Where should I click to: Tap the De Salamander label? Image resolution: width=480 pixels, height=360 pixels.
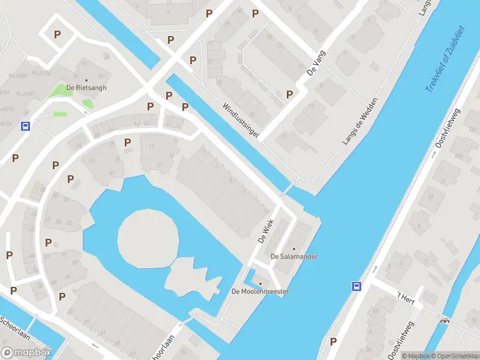(x=294, y=256)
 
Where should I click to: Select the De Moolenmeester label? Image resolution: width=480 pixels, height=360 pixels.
(x=260, y=292)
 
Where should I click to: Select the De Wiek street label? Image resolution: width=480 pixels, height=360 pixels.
(x=266, y=229)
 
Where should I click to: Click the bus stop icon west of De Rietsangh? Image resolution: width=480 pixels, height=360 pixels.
(x=26, y=126)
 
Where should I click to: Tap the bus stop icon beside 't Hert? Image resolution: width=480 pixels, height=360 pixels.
(x=356, y=286)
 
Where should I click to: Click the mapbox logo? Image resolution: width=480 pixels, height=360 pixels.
(x=26, y=352)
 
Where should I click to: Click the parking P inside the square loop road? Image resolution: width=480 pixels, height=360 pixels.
(x=57, y=35)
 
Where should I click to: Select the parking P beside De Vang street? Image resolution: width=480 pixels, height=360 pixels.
(x=290, y=94)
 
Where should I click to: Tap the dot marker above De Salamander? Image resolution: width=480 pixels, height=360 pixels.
(x=294, y=248)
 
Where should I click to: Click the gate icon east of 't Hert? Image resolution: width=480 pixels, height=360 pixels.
(x=445, y=320)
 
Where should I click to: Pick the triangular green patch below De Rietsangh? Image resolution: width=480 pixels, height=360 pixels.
(x=88, y=103)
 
